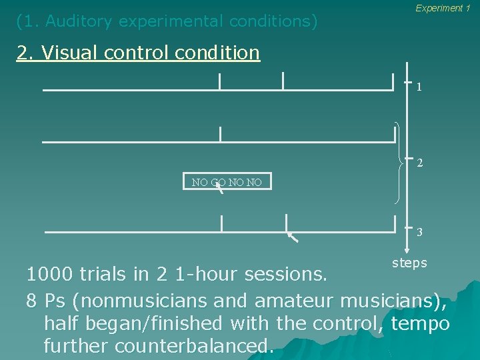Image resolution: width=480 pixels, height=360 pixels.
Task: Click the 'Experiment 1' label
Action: (443, 8)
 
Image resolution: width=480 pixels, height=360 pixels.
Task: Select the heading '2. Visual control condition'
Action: (138, 52)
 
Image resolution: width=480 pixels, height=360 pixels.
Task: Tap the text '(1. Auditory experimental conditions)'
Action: (167, 21)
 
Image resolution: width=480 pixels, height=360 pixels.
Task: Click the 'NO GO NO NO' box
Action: (227, 181)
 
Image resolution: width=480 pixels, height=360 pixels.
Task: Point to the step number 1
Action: (419, 87)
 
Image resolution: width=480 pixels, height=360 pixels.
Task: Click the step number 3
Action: (419, 233)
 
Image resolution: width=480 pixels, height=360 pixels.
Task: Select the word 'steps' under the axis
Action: (409, 263)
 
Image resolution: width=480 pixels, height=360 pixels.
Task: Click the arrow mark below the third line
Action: (292, 237)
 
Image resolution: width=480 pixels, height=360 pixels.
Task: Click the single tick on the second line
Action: (220, 133)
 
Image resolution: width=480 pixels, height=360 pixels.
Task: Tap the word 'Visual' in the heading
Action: (69, 52)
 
